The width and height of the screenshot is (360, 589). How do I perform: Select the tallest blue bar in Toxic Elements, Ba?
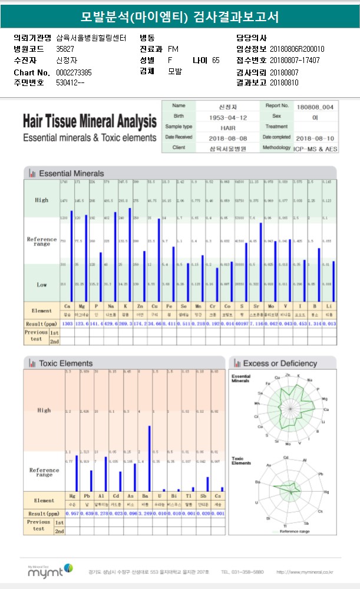pyautogui.click(x=149, y=458)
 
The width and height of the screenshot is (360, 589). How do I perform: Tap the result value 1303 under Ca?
pyautogui.click(x=67, y=324)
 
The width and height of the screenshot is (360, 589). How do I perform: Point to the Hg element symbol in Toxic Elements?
pyautogui.click(x=72, y=497)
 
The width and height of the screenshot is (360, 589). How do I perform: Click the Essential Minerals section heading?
pyautogui.click(x=71, y=173)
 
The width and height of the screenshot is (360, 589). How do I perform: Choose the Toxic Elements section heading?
pyautogui.click(x=65, y=363)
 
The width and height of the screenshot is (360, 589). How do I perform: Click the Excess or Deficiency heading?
pyautogui.click(x=280, y=363)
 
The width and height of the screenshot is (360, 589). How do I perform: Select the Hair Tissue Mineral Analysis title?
pyautogui.click(x=90, y=121)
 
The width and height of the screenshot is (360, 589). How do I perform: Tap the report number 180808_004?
pyautogui.click(x=315, y=107)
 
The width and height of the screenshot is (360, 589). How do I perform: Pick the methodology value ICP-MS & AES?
pyautogui.click(x=315, y=148)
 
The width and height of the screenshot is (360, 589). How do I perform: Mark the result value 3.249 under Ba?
pyautogui.click(x=149, y=514)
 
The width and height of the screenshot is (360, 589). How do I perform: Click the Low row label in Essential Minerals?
pyautogui.click(x=42, y=284)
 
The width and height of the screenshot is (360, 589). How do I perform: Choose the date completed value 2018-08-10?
pyautogui.click(x=315, y=137)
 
